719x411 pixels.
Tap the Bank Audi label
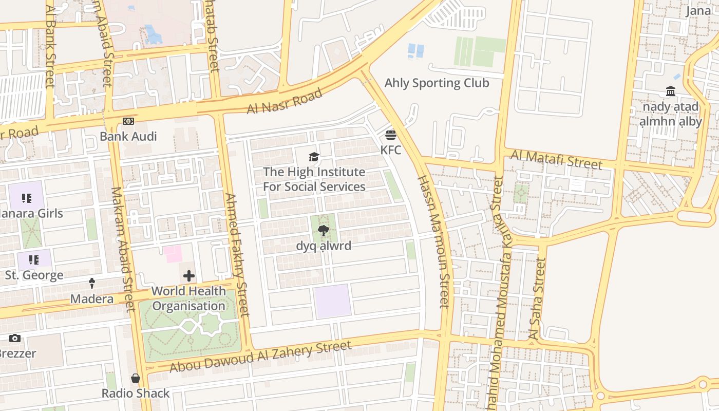click(x=128, y=136)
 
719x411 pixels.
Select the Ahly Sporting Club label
click(x=437, y=83)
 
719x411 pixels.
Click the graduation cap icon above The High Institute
click(x=314, y=157)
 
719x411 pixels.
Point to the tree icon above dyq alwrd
click(x=323, y=230)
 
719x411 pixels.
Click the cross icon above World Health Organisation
click(x=189, y=276)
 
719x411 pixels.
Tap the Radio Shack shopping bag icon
click(x=136, y=378)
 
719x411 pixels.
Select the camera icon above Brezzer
click(x=15, y=338)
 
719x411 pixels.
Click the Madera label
click(x=92, y=299)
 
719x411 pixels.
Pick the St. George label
click(x=34, y=275)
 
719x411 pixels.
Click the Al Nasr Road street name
click(x=285, y=101)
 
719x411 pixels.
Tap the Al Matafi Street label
click(x=556, y=159)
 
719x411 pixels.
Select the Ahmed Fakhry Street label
click(x=237, y=254)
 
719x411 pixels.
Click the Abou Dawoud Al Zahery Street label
click(x=260, y=356)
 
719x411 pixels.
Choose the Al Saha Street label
click(x=538, y=301)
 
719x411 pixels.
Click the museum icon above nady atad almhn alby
click(x=670, y=91)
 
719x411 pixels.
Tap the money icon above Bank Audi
click(x=128, y=121)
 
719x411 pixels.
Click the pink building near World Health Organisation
click(x=173, y=253)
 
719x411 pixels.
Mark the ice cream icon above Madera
click(x=92, y=283)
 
